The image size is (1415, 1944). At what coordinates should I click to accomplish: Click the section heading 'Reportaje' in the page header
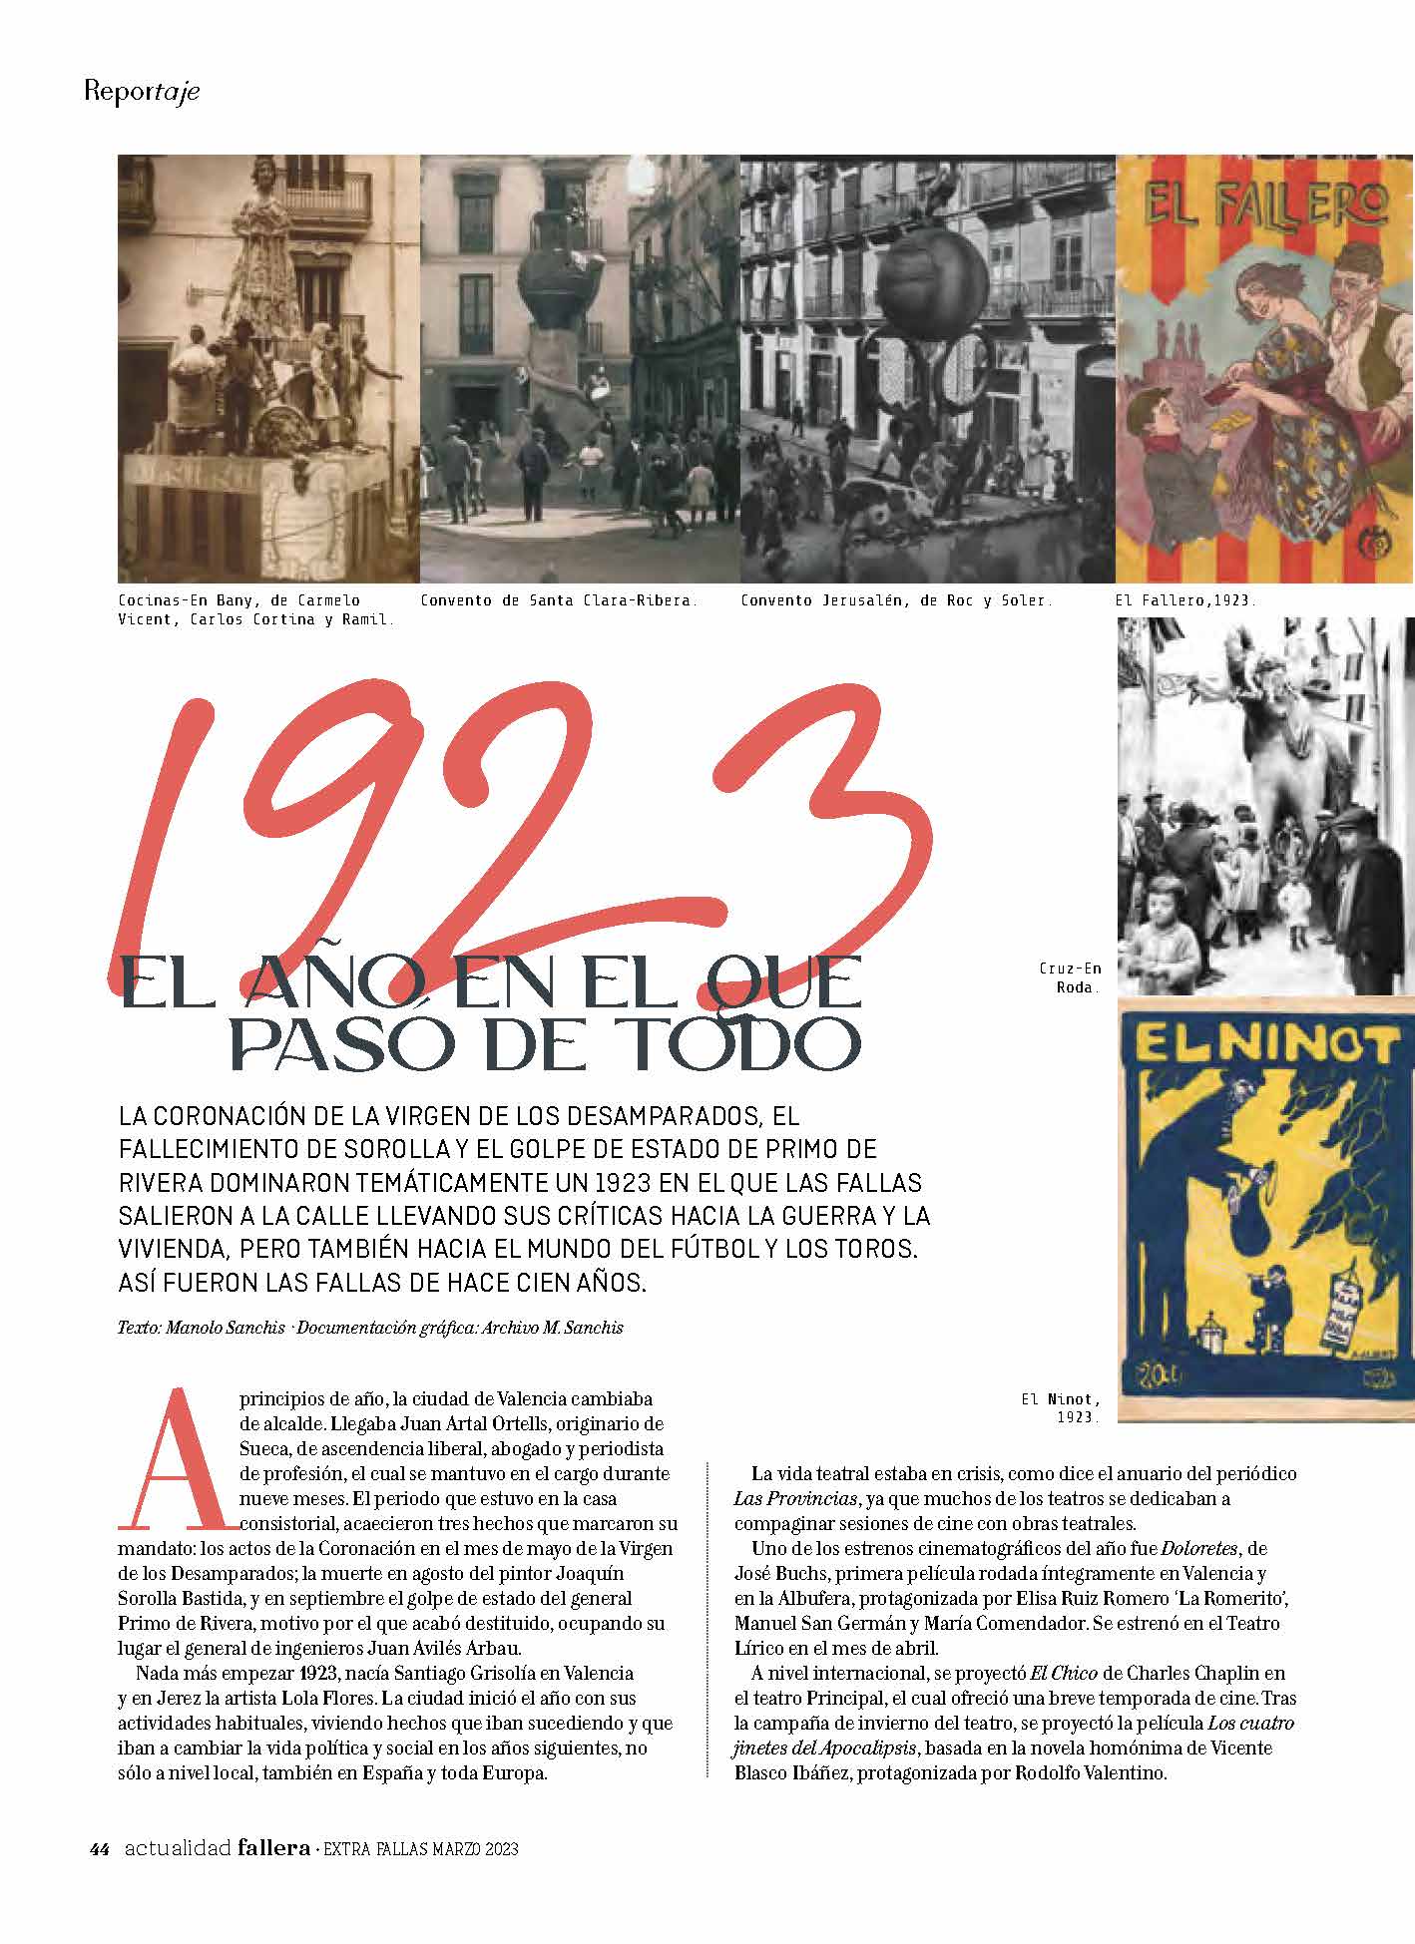click(142, 92)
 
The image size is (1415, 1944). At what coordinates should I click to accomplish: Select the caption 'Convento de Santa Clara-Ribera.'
click(559, 600)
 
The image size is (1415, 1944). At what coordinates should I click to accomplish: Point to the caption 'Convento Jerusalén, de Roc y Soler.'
click(895, 600)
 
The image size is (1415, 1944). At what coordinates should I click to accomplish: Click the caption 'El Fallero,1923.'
click(1185, 600)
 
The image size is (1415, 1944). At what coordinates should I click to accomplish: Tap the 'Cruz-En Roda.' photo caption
click(1071, 977)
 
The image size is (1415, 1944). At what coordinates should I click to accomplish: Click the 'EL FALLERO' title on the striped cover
click(1265, 205)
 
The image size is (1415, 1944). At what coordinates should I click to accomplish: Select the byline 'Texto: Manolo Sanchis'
click(202, 1328)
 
